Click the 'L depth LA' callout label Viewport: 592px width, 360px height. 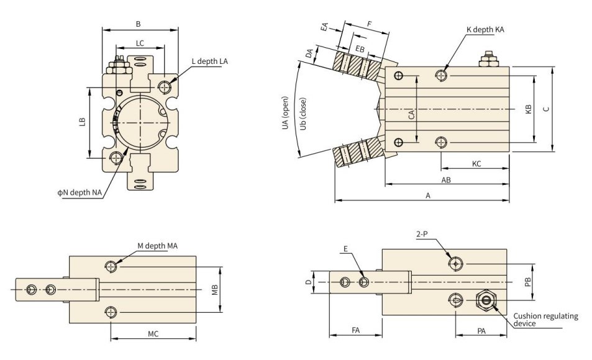[x=209, y=61]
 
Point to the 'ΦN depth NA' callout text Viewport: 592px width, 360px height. [x=80, y=192]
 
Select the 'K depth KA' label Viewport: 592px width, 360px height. [x=485, y=29]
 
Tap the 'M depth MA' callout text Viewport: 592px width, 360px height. [x=157, y=246]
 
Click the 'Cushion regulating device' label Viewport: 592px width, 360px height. [x=545, y=320]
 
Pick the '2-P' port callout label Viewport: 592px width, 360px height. [x=422, y=234]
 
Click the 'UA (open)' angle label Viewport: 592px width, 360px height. [x=285, y=113]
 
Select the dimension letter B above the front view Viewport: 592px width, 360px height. [x=138, y=24]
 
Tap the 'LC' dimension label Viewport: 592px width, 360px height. [x=140, y=43]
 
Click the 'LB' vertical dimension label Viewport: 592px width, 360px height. [x=83, y=122]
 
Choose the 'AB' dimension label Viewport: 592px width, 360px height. [x=446, y=180]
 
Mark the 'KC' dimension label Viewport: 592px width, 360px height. [x=476, y=164]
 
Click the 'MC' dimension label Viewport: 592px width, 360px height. [x=153, y=334]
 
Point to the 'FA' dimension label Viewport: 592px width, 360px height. [x=356, y=330]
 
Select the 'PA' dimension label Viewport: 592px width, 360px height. [x=481, y=331]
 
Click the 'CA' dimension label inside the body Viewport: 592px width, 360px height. [x=411, y=115]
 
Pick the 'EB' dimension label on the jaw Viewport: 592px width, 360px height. [x=360, y=50]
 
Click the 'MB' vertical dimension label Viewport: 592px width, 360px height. [x=215, y=289]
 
